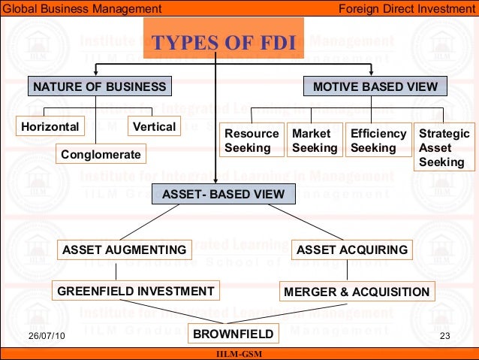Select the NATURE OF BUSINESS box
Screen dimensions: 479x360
coord(99,87)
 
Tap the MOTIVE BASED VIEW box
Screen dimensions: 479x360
coord(375,87)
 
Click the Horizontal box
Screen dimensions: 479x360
coord(49,126)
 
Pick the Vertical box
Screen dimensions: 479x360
coord(154,126)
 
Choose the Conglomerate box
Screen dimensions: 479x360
coord(101,155)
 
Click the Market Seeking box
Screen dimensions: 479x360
coord(315,141)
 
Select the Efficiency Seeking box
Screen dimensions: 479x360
coord(378,141)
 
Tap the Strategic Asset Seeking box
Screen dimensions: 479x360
coord(444,147)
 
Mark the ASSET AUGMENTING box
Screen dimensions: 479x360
coord(124,250)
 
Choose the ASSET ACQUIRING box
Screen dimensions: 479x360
coord(352,250)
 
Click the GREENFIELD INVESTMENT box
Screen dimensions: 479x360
coord(136,291)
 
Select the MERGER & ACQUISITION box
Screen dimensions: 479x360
coord(357,292)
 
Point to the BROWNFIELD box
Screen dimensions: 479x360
coord(229,333)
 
